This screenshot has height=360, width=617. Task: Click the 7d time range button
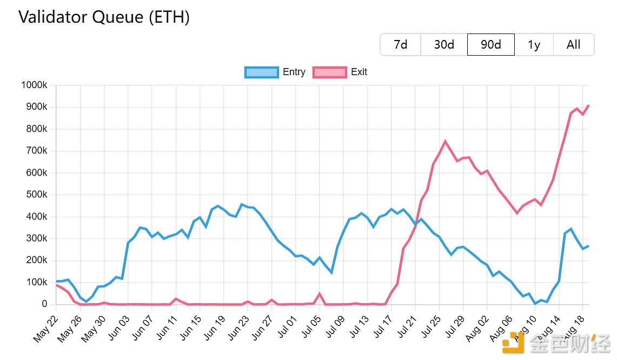click(400, 44)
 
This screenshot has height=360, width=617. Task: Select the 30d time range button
click(444, 44)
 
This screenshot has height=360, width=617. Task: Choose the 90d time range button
click(490, 44)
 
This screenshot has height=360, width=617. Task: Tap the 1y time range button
click(534, 44)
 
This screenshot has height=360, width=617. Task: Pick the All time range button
click(573, 44)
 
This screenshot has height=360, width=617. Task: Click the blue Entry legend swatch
click(262, 72)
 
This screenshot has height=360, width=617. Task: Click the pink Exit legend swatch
click(330, 72)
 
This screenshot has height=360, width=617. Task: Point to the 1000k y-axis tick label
click(34, 85)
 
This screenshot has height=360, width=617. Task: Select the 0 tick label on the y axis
click(44, 304)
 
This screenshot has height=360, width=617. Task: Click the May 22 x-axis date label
click(45, 330)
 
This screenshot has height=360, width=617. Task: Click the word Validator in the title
click(54, 17)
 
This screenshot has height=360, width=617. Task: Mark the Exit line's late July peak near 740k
click(445, 142)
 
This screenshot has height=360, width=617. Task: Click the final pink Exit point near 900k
click(588, 105)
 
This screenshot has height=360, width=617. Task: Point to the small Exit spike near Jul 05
click(320, 294)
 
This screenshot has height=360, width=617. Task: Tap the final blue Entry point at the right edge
click(588, 246)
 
